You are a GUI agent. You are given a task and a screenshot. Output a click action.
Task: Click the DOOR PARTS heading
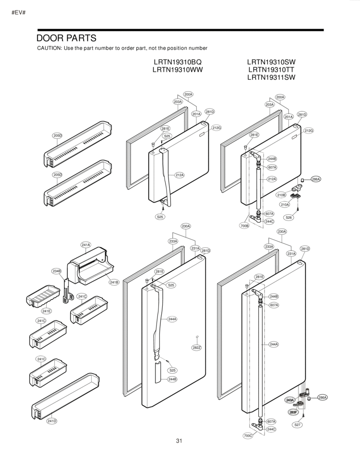[x=67, y=38]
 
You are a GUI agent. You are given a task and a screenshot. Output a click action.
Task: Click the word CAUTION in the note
[x=50, y=49]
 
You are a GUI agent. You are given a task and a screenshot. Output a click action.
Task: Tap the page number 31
[x=179, y=441]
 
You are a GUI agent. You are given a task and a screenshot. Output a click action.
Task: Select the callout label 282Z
[x=196, y=347]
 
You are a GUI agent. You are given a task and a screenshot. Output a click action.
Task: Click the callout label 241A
[x=85, y=245]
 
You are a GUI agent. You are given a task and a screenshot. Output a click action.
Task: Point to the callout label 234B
[x=57, y=271]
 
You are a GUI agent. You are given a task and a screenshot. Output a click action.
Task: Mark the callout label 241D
[x=52, y=421]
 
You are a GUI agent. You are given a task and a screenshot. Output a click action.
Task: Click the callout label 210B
[x=281, y=195]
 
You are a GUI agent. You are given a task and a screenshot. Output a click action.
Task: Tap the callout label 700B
[x=245, y=225]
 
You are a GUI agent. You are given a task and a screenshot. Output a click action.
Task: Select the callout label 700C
[x=248, y=436]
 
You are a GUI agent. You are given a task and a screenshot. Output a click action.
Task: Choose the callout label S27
[x=298, y=425]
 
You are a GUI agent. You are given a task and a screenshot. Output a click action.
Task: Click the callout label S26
[x=289, y=218]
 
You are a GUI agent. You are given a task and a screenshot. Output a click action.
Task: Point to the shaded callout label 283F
[x=293, y=412]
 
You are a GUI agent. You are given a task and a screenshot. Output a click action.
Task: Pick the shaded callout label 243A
[x=290, y=400]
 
